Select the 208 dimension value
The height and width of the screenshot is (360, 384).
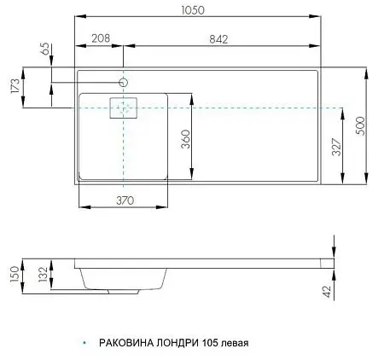coord(102,38)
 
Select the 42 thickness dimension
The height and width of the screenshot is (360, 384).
coord(327,292)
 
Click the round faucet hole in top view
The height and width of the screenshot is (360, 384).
coord(124,83)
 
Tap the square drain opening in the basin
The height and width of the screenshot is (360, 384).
coord(124,107)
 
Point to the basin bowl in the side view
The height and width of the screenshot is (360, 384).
coord(122,277)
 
